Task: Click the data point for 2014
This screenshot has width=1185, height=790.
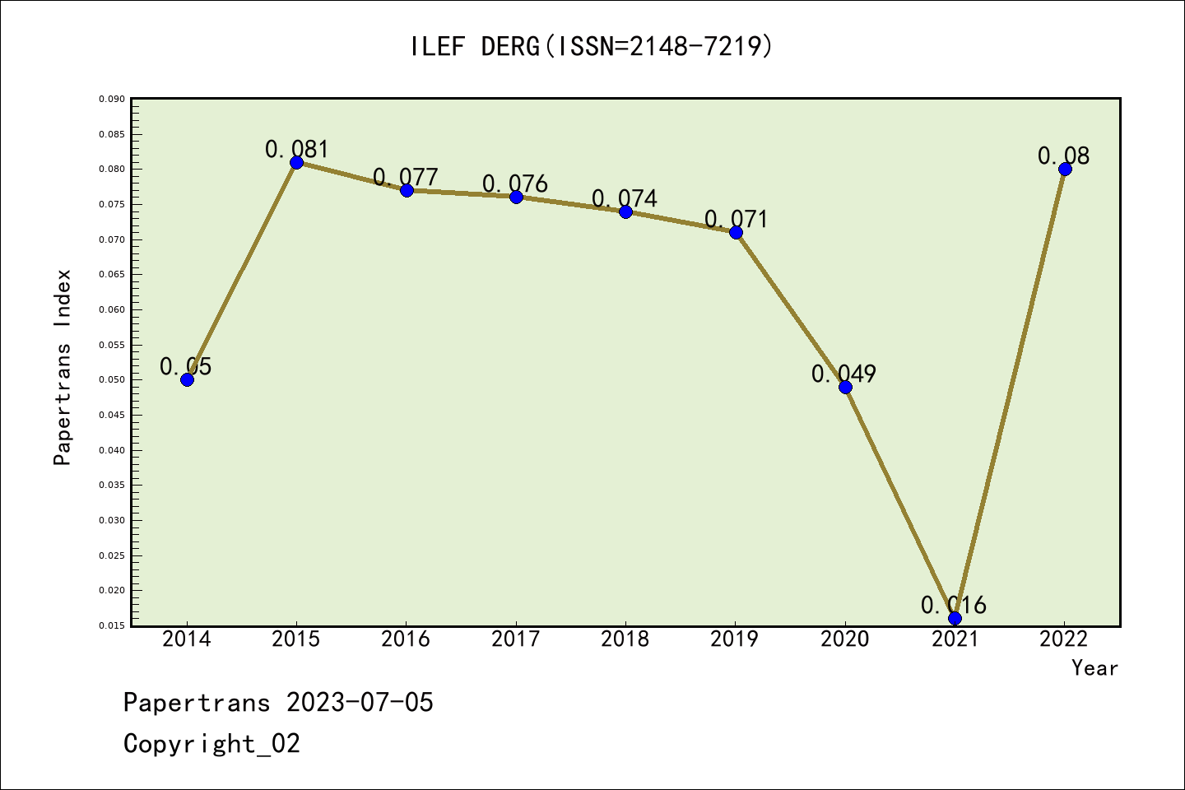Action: pos(187,379)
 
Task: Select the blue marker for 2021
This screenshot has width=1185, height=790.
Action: pos(955,618)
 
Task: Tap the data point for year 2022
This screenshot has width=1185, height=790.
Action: pos(1065,170)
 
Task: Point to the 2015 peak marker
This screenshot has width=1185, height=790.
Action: pos(296,162)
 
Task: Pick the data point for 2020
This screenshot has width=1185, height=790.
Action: pos(845,387)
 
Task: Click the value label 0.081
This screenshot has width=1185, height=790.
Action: pos(296,150)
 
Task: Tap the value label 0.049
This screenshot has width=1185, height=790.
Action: pos(843,374)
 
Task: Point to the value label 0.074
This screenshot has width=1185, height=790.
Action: pos(625,199)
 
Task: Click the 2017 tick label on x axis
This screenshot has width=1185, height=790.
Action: pos(516,639)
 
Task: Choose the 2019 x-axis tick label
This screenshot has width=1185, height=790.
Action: pos(735,639)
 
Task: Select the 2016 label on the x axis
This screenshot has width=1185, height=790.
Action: pos(406,639)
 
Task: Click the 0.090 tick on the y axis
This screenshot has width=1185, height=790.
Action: pos(112,100)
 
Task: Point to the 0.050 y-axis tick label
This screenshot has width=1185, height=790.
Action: pos(112,380)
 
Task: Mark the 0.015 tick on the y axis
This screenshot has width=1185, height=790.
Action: pos(112,626)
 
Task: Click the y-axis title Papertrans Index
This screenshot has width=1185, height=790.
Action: pos(63,367)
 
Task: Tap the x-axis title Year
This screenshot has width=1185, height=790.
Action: pos(1094,668)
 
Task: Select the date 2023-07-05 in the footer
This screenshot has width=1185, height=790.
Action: pos(360,703)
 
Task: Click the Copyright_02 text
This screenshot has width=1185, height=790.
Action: pos(211,744)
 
